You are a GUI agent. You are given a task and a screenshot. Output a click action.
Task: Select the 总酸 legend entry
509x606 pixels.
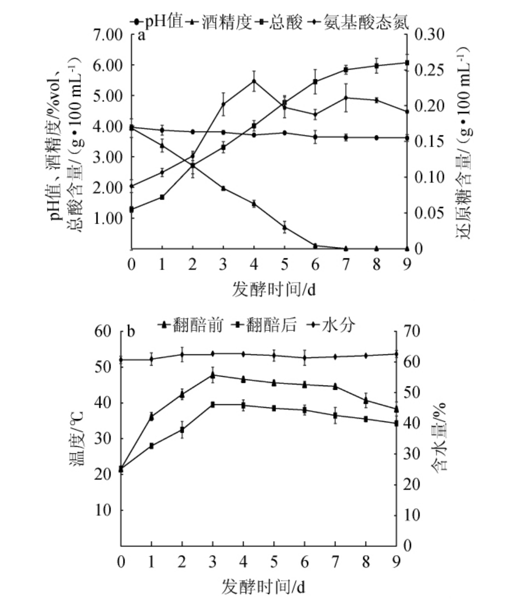tap(285, 22)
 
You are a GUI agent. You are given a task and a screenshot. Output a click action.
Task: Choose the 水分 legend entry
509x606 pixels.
tap(333, 325)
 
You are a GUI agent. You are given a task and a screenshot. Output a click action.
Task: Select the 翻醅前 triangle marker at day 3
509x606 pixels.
tap(213, 375)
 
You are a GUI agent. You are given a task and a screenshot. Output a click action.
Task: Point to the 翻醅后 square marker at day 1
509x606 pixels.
tap(152, 446)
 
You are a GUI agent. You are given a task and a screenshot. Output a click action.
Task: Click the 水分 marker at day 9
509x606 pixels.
tap(396, 354)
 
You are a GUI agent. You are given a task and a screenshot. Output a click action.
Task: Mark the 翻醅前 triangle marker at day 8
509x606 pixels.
tap(366, 400)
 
